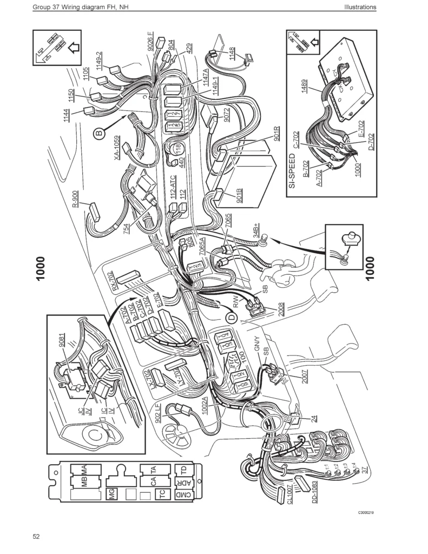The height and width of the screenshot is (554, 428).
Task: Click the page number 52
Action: (x=36, y=537)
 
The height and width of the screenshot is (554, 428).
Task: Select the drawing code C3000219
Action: (x=366, y=511)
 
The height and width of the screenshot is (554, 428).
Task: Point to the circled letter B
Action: (x=99, y=131)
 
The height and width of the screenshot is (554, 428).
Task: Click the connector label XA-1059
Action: (x=116, y=149)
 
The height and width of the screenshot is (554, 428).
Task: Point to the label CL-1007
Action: (x=290, y=493)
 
